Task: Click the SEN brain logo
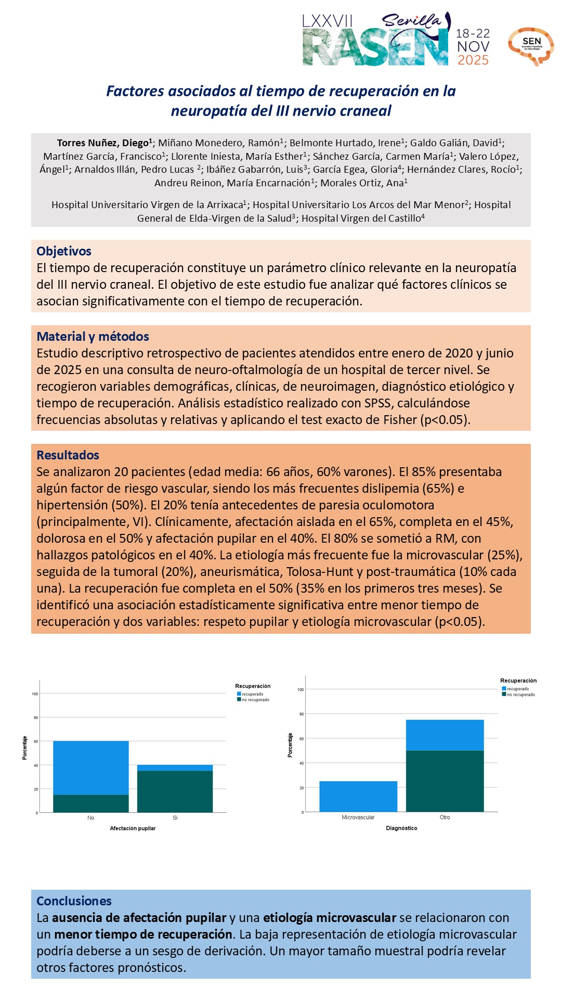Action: pyautogui.click(x=531, y=46)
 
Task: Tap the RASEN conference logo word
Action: pyautogui.click(x=374, y=48)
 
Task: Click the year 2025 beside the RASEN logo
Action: pyautogui.click(x=473, y=60)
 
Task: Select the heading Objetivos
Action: pyautogui.click(x=64, y=251)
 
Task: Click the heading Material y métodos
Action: pyautogui.click(x=93, y=337)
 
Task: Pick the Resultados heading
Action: pyautogui.click(x=68, y=455)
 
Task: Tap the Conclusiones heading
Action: pyautogui.click(x=74, y=901)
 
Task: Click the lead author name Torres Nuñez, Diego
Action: pyautogui.click(x=102, y=143)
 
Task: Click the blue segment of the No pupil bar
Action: pyautogui.click(x=91, y=767)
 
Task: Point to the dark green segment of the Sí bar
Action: pyautogui.click(x=175, y=791)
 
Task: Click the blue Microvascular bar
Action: pyautogui.click(x=358, y=796)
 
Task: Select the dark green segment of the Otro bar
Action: pyautogui.click(x=445, y=781)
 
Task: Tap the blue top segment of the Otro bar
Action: pyautogui.click(x=445, y=735)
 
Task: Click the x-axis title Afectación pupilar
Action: pyautogui.click(x=133, y=828)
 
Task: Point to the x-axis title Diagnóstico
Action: pyautogui.click(x=401, y=828)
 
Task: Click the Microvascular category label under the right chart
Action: pyautogui.click(x=358, y=817)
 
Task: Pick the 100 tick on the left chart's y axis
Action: pyautogui.click(x=35, y=694)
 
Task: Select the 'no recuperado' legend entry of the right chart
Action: pyautogui.click(x=520, y=695)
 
